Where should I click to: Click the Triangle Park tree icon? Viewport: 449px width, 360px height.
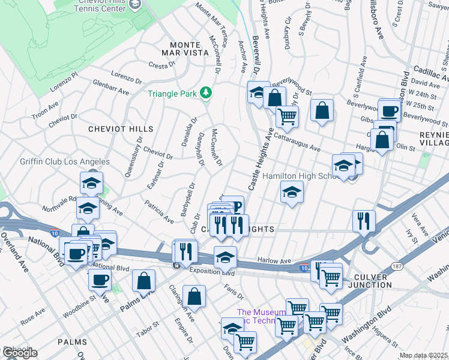point(206,92)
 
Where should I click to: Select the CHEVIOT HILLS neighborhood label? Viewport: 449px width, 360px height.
point(121,129)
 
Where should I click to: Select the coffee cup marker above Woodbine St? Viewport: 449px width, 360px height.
point(100,279)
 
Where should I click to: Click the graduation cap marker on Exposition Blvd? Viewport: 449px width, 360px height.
point(225,257)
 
